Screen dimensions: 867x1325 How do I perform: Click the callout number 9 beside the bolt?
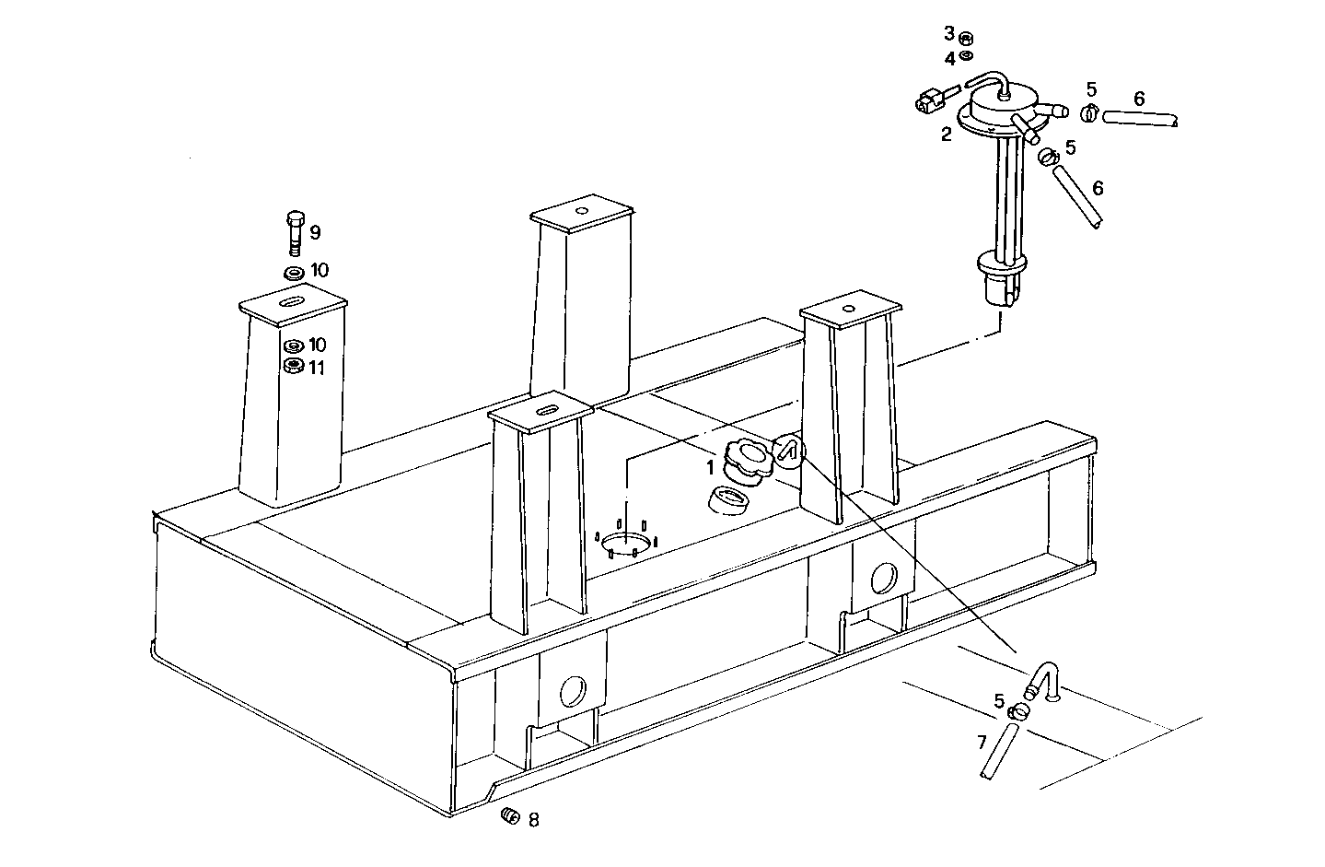pyautogui.click(x=315, y=233)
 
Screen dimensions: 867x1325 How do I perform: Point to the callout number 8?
pyautogui.click(x=533, y=820)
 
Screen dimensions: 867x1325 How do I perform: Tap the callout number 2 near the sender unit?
pyautogui.click(x=946, y=135)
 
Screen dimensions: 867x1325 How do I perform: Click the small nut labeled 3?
pyautogui.click(x=965, y=38)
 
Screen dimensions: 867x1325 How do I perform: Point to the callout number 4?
pyautogui.click(x=948, y=59)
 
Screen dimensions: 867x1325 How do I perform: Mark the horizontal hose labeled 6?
pyautogui.click(x=1139, y=118)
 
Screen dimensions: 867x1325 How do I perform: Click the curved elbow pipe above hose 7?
pyautogui.click(x=1043, y=681)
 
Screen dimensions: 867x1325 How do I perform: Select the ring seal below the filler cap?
pyautogui.click(x=729, y=501)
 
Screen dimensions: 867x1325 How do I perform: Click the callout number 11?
pyautogui.click(x=317, y=369)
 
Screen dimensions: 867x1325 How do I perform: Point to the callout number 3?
pyautogui.click(x=948, y=34)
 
